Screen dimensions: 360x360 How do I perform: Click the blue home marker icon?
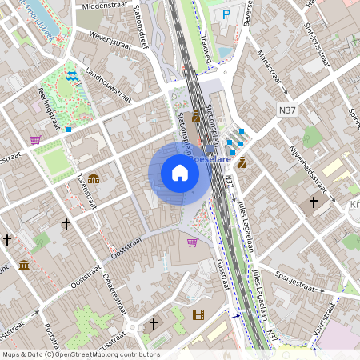(x=180, y=173)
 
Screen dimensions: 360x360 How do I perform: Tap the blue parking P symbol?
(x=226, y=14)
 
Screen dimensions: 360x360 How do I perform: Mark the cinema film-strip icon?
(x=198, y=314)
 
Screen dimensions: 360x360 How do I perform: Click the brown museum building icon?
(x=24, y=264)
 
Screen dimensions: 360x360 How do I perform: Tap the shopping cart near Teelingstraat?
(x=35, y=139)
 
